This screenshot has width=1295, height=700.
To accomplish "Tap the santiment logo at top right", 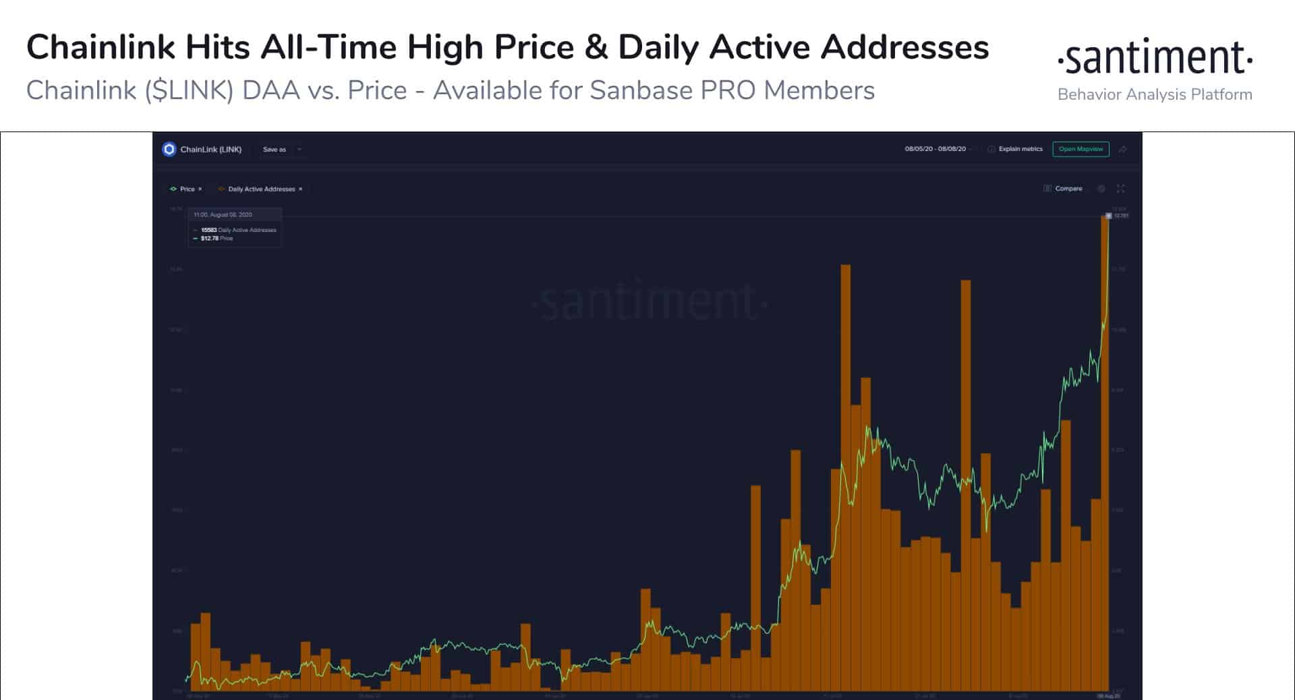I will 1155,59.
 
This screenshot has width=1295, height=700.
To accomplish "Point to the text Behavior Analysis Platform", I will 1155,94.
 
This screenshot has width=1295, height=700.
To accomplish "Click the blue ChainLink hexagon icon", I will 169,149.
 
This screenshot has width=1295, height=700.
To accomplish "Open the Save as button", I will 275,150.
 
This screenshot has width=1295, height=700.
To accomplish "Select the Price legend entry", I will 187,189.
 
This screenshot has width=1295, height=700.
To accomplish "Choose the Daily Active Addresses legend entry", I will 261,189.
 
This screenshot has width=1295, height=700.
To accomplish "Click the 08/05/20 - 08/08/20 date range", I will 935,149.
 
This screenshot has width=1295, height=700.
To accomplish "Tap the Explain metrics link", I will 1020,149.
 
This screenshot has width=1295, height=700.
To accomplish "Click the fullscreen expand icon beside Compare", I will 1121,189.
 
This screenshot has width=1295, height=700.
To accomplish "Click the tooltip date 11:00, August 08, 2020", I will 223,214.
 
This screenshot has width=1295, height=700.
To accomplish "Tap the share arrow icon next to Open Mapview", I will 1122,150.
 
